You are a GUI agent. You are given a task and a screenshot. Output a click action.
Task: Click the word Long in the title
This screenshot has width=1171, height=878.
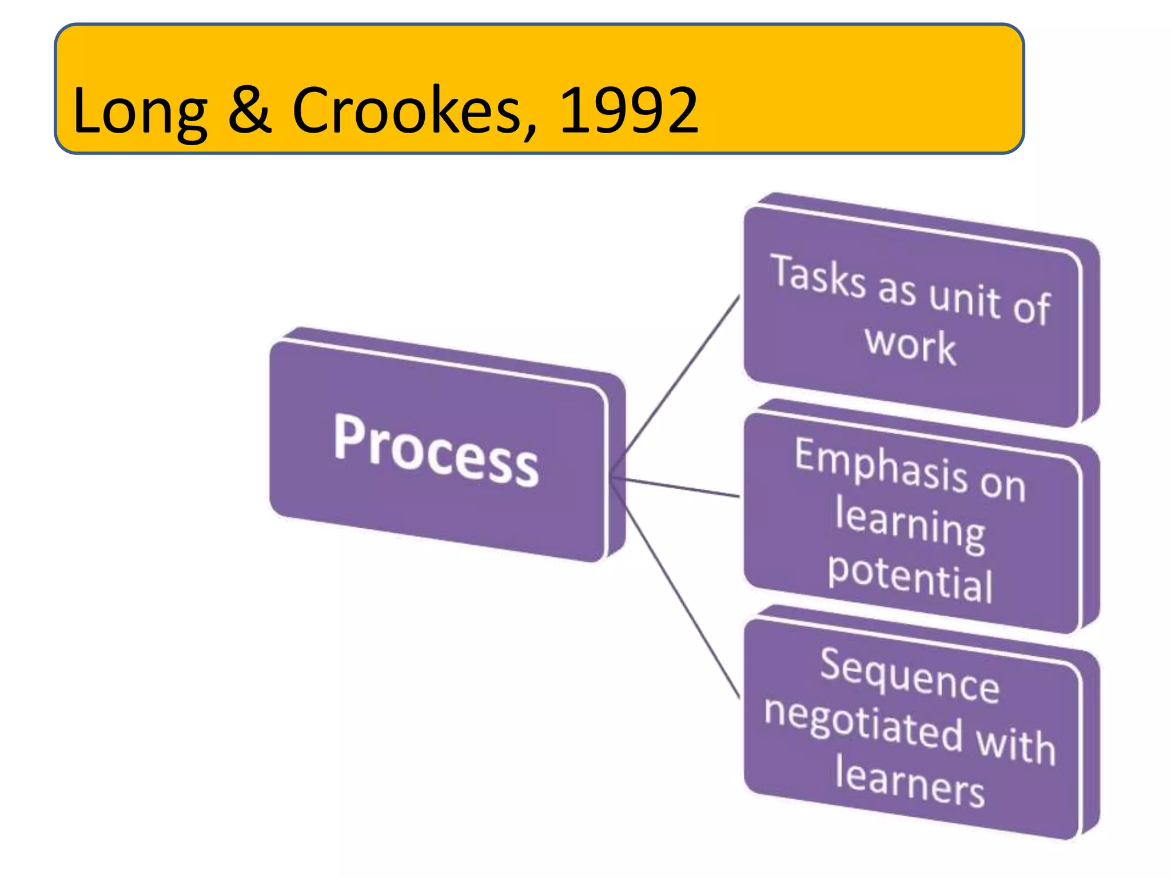point(140,111)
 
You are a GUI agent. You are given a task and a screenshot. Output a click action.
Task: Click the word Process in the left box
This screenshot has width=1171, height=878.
point(436,451)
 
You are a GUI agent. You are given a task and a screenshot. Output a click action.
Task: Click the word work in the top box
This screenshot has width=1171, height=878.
point(910,345)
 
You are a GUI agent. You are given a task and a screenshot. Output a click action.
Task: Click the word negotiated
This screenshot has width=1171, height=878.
point(863,723)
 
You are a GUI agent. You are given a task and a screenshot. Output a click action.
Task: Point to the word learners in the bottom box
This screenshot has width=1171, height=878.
point(910,781)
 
